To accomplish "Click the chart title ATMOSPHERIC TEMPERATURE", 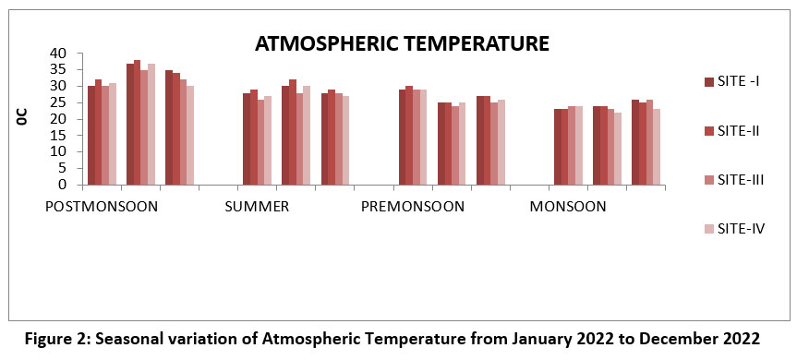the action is click(x=402, y=43).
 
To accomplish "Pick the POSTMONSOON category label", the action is click(x=102, y=207).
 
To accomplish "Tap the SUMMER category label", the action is click(x=257, y=207).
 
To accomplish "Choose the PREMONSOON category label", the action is click(x=412, y=207).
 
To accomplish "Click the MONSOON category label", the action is click(x=568, y=207).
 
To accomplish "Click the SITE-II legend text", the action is click(x=739, y=131).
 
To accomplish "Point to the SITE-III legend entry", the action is click(x=734, y=180).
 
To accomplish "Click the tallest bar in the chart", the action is click(x=137, y=123).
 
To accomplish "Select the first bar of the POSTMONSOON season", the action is click(x=91, y=136).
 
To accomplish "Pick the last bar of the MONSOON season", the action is click(x=657, y=147).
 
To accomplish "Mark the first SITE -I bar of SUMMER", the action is click(x=247, y=138).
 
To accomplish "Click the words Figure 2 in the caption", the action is click(x=54, y=339).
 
